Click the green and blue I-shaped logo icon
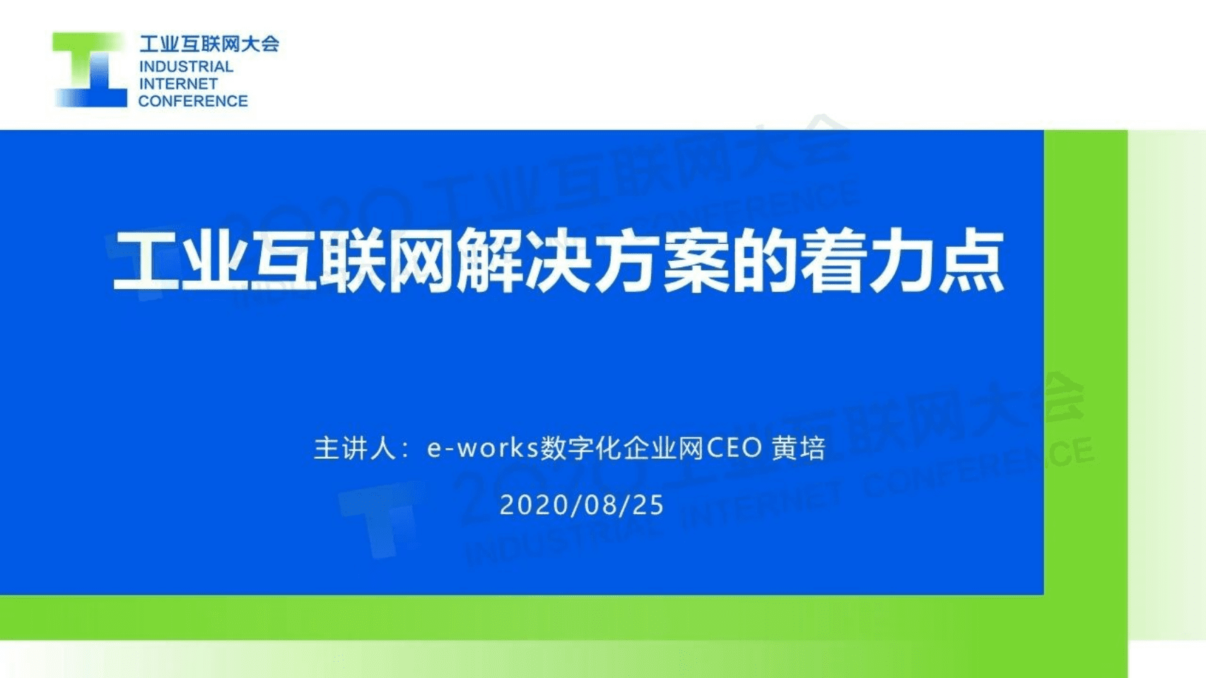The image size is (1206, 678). click(x=90, y=70)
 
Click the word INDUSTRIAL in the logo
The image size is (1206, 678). click(x=186, y=66)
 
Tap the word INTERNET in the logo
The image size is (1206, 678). click(x=178, y=83)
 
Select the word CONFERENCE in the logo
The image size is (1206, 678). click(x=193, y=101)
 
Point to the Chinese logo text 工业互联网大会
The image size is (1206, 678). click(x=209, y=44)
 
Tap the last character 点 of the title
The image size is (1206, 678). click(x=971, y=261)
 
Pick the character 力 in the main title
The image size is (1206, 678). click(x=903, y=261)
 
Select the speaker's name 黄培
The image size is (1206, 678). click(x=799, y=448)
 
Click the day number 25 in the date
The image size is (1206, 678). click(x=648, y=505)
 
